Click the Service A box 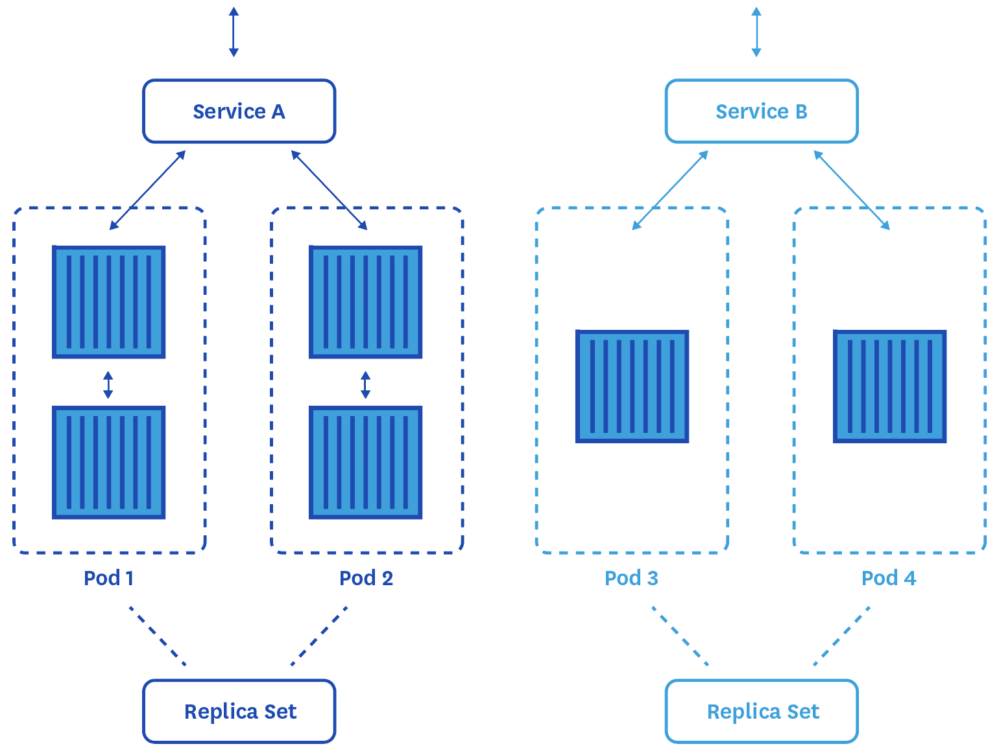[239, 111]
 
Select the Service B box [762, 111]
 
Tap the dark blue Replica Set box [239, 711]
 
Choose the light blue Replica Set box [762, 711]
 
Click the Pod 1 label [109, 577]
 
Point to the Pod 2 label [366, 577]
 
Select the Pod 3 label [631, 577]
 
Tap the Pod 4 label [889, 577]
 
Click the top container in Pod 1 [109, 302]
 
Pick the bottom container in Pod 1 [109, 462]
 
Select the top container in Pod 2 [366, 302]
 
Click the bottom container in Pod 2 [366, 462]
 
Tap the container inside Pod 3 [632, 386]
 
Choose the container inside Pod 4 [889, 386]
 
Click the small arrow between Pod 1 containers [108, 384]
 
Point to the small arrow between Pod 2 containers [366, 384]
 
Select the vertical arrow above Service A [234, 32]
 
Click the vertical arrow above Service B [756, 32]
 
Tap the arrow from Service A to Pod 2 [329, 190]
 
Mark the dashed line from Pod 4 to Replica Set [841, 636]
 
